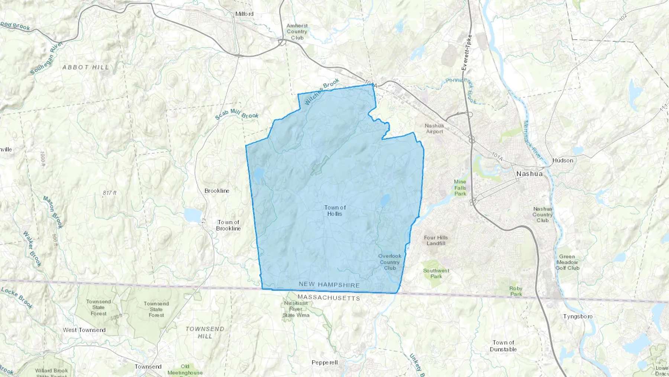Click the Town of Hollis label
[335, 211]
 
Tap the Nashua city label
[529, 174]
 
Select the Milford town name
[244, 14]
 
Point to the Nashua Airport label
[434, 128]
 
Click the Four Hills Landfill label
[436, 240]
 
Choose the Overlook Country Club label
[390, 262]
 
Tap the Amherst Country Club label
[297, 32]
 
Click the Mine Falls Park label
[460, 188]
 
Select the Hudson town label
[563, 160]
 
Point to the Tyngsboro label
[578, 316]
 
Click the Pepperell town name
[324, 362]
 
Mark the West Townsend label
[84, 330]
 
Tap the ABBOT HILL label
[86, 67]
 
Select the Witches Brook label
[322, 92]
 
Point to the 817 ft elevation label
[110, 193]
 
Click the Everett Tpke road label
[466, 52]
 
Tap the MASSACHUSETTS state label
[329, 298]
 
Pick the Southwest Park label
[436, 274]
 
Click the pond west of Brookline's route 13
[193, 215]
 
